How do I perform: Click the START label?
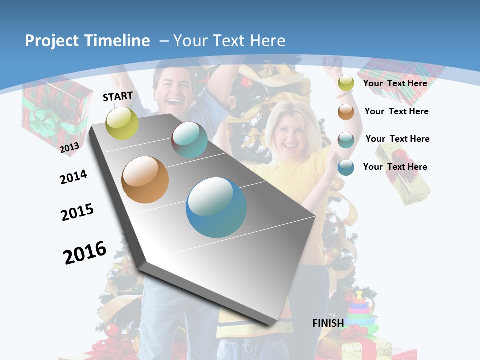tap(118, 96)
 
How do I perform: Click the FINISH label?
tap(328, 323)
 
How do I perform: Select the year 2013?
tap(69, 147)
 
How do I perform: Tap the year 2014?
tap(73, 177)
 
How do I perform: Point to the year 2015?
tap(77, 212)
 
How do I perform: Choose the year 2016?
tap(85, 252)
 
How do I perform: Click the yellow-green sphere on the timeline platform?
tap(122, 123)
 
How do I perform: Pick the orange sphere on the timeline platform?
tap(145, 180)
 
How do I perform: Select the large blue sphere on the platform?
tap(216, 207)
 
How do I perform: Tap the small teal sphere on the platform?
tap(189, 140)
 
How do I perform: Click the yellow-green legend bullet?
tap(346, 83)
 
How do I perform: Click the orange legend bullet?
tap(346, 112)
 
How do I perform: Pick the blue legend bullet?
tap(346, 167)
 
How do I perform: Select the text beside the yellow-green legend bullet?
tap(395, 83)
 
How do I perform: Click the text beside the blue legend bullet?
tap(395, 167)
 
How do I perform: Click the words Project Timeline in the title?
tap(87, 41)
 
